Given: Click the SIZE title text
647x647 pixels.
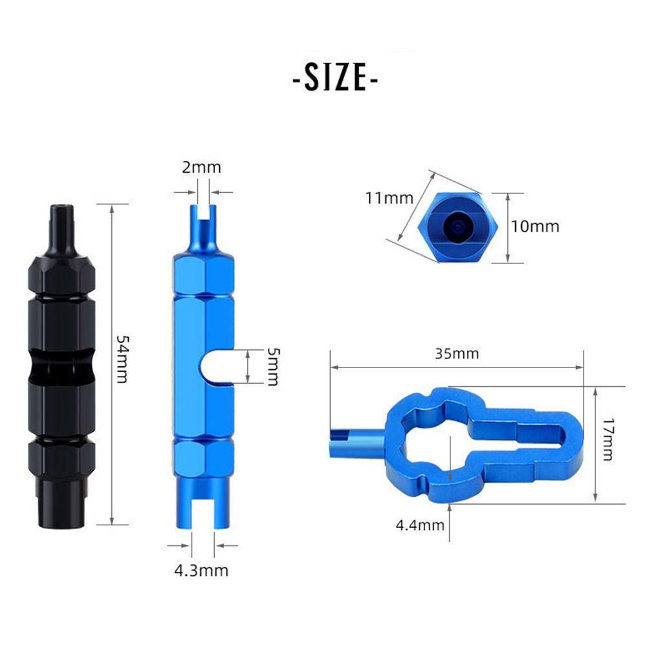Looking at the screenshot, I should pyautogui.click(x=334, y=78).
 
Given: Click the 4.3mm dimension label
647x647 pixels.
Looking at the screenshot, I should pyautogui.click(x=201, y=571).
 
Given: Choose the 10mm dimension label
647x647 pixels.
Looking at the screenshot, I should pyautogui.click(x=535, y=226).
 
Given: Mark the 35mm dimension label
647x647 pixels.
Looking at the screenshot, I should pyautogui.click(x=457, y=354).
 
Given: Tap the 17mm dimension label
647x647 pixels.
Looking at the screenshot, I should pyautogui.click(x=607, y=439).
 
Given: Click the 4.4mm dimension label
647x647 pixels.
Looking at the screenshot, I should pyautogui.click(x=420, y=525).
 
